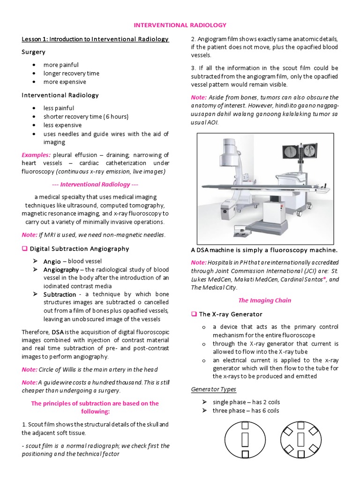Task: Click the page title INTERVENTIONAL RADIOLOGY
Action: click(x=180, y=24)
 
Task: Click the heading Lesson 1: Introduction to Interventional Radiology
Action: click(x=95, y=39)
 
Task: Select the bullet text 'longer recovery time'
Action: click(x=71, y=73)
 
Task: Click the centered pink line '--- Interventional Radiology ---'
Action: click(x=95, y=184)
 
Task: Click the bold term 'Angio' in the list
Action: click(x=52, y=261)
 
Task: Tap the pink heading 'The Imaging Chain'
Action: click(x=264, y=300)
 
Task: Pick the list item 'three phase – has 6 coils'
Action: click(x=246, y=411)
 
